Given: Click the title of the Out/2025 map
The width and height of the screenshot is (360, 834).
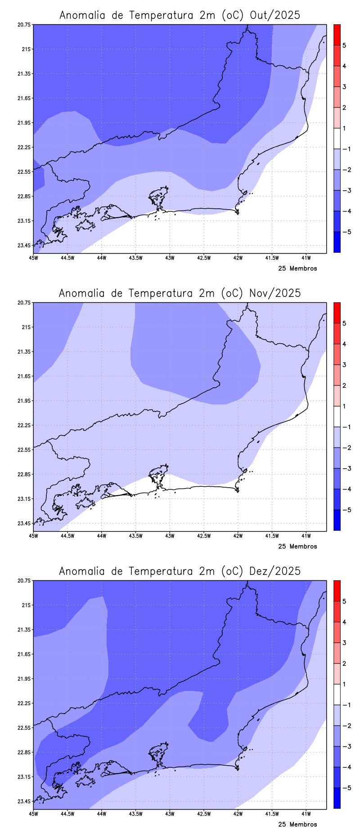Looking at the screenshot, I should (180, 15).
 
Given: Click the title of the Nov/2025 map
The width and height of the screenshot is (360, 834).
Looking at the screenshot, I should (180, 293).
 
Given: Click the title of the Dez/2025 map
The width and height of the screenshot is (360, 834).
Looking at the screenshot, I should (180, 571).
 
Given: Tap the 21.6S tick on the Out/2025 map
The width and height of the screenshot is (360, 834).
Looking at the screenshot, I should (25, 98).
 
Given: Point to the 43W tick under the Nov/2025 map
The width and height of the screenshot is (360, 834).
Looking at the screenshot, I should (170, 536).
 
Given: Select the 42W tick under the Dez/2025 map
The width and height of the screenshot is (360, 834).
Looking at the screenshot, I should (238, 814).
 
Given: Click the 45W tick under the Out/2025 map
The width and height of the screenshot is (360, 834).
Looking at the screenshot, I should (33, 258).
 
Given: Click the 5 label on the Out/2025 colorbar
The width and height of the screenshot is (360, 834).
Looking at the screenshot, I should (344, 45).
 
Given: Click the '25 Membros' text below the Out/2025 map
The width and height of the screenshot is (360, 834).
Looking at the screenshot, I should (297, 269).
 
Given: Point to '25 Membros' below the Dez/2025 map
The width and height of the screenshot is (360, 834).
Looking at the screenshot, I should (297, 825).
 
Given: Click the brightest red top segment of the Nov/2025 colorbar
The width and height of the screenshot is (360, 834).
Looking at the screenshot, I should (337, 313).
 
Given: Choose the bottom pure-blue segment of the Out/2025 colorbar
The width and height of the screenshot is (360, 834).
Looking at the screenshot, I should (337, 242).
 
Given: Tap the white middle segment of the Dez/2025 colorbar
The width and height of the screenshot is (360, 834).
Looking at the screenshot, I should (337, 695).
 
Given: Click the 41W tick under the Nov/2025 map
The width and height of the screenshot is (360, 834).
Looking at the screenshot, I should (306, 536).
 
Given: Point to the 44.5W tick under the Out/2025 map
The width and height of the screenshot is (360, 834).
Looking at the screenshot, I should (67, 258).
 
